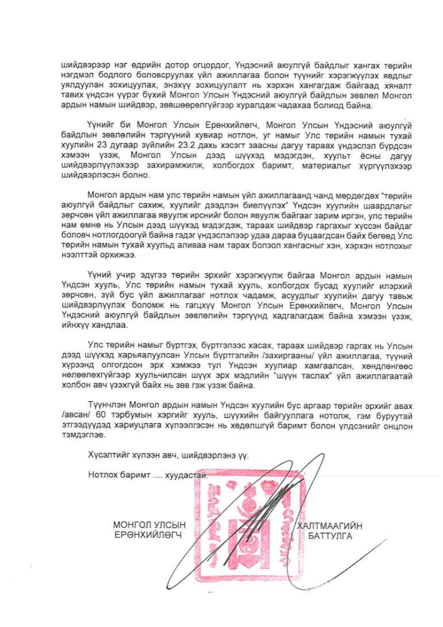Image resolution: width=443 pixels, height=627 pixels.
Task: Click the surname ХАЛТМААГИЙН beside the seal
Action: click(x=330, y=526)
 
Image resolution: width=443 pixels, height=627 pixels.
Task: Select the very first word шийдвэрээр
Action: click(x=82, y=66)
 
